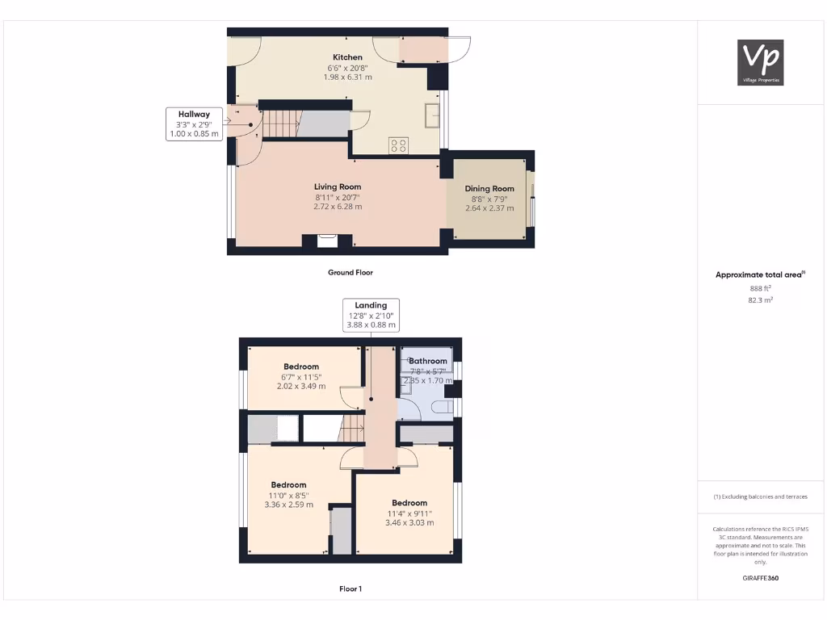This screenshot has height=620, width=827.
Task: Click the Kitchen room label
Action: tap(347, 57)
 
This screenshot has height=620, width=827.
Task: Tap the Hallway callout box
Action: tap(193, 124)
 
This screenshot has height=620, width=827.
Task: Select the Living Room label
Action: tap(338, 186)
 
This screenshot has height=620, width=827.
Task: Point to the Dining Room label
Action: tap(489, 189)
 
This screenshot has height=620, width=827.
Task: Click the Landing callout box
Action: tap(371, 315)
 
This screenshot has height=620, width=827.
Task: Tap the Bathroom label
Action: tap(427, 361)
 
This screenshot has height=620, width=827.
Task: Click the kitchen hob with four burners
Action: tap(399, 145)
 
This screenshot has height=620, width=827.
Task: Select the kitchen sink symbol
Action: tap(433, 115)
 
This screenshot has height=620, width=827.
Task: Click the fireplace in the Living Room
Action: tap(327, 241)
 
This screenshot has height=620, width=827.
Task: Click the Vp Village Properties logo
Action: tap(761, 62)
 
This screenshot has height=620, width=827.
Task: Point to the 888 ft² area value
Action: tap(760, 287)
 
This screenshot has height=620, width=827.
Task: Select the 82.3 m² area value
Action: tap(760, 300)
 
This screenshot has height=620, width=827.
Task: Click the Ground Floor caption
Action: tap(351, 273)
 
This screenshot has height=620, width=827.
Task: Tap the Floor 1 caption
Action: tap(351, 589)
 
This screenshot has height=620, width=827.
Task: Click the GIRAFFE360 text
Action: tap(760, 578)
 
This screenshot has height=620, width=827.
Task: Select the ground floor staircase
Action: tap(281, 124)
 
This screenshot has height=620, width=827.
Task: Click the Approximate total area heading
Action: tap(759, 275)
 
